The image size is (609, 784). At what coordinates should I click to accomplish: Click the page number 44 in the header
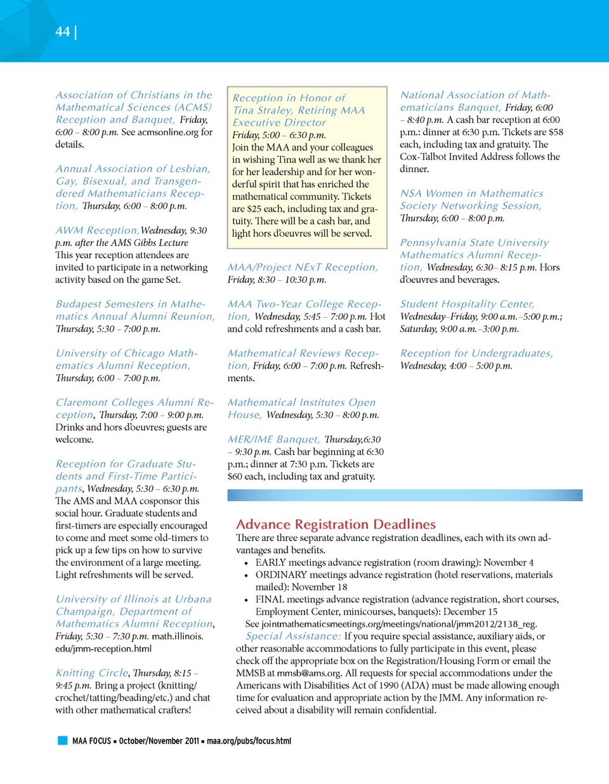coord(62,32)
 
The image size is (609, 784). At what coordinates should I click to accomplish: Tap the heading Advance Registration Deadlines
coord(336,525)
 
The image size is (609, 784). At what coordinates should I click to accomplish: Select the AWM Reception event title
coord(96,230)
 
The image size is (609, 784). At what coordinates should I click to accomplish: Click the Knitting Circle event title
coord(92,673)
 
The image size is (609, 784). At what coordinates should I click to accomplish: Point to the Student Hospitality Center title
coord(467,304)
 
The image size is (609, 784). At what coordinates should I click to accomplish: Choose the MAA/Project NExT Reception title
coord(302,267)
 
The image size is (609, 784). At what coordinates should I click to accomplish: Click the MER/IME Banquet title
coord(273,439)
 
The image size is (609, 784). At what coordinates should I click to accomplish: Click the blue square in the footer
coord(62,740)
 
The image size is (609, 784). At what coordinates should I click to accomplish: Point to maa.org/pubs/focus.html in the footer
coord(249,741)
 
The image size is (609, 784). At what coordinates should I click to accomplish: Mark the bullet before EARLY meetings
coord(246,563)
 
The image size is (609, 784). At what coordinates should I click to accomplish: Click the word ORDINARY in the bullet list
coord(281,575)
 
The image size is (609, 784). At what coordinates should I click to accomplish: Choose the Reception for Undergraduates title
coord(476,353)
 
